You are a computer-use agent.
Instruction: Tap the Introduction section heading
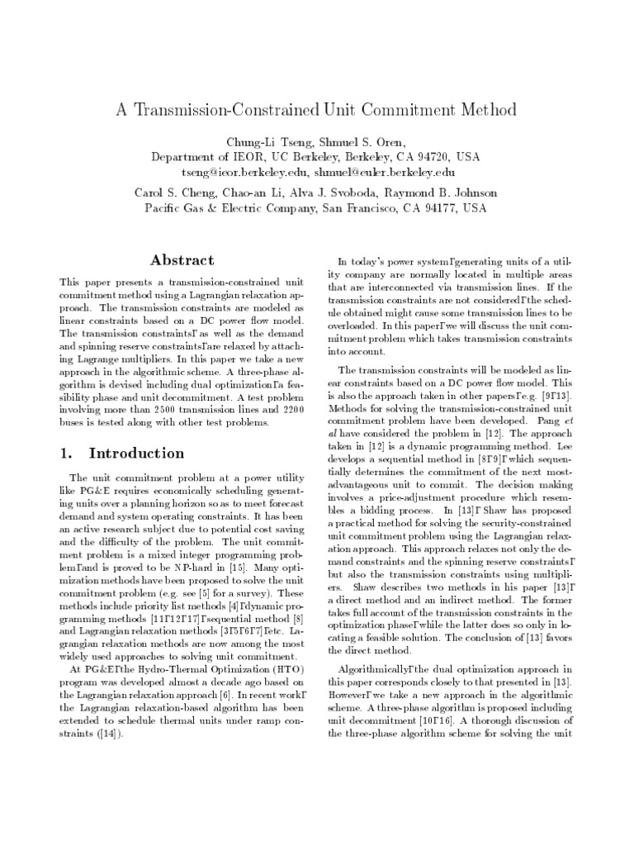[x=136, y=453]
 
